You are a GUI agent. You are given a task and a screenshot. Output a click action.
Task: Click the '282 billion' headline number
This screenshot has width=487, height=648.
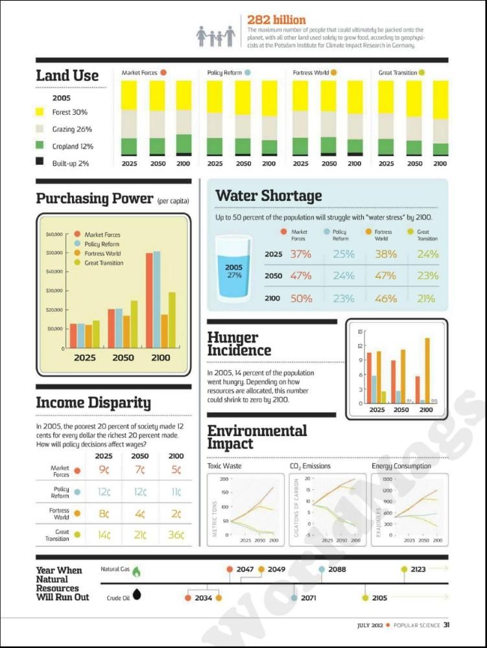pyautogui.click(x=276, y=20)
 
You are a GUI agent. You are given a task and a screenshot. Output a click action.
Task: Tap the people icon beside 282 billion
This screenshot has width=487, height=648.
pyautogui.click(x=216, y=36)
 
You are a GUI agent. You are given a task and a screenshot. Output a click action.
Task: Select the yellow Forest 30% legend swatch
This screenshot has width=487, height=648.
pyautogui.click(x=40, y=112)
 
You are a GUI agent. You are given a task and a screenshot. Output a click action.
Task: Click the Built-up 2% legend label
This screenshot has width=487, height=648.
pyautogui.click(x=71, y=163)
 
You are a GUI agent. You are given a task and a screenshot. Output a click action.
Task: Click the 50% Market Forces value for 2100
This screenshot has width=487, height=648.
pyautogui.click(x=300, y=299)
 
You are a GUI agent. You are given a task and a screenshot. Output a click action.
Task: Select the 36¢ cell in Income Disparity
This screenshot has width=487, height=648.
pyautogui.click(x=176, y=535)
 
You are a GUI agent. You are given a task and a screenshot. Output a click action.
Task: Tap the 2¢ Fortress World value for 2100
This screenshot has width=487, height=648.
pyautogui.click(x=176, y=513)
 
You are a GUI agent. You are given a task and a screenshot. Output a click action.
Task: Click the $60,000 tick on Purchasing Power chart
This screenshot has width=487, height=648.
pyautogui.click(x=54, y=234)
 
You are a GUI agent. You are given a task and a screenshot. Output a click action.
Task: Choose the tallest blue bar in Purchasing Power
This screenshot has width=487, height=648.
pyautogui.click(x=156, y=299)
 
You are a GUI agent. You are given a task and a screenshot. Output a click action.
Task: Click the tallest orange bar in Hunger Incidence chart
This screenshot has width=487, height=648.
pyautogui.click(x=427, y=369)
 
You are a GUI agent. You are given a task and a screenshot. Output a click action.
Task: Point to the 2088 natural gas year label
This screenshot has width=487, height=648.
pyautogui.click(x=337, y=570)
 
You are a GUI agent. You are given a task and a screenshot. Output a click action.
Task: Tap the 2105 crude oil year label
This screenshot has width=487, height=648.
pyautogui.click(x=379, y=598)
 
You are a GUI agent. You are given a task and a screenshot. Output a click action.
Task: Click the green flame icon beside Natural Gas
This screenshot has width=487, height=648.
pyautogui.click(x=136, y=570)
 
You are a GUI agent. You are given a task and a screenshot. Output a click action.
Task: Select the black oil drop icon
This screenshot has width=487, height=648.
pyautogui.click(x=137, y=594)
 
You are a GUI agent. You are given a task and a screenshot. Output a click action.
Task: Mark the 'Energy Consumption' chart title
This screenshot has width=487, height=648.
pyautogui.click(x=401, y=466)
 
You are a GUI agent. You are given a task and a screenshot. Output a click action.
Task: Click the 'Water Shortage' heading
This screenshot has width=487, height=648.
pyautogui.click(x=268, y=196)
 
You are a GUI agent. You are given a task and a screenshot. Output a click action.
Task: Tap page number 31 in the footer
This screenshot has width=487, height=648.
pyautogui.click(x=446, y=625)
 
